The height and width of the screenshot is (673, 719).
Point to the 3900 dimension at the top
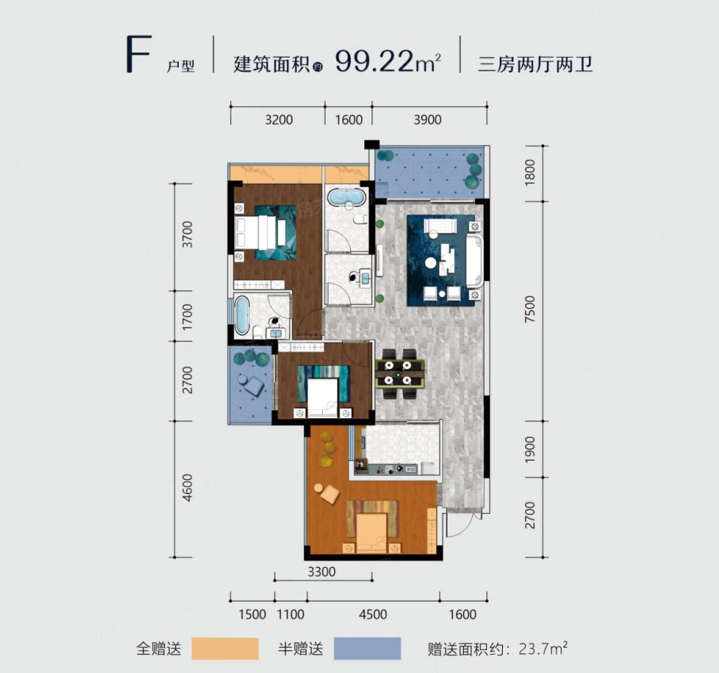coord(427,120)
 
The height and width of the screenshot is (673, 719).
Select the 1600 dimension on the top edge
coord(348,120)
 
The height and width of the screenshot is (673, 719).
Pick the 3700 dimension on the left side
coord(188,235)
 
